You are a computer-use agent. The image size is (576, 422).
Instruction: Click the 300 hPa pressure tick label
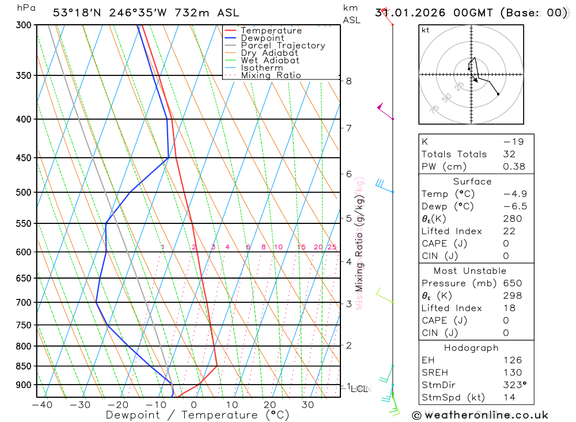(24, 25)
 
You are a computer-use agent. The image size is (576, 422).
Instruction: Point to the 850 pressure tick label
(24, 366)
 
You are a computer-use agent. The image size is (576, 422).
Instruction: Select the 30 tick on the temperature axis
(307, 405)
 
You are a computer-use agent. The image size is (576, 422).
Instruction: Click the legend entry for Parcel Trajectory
(283, 45)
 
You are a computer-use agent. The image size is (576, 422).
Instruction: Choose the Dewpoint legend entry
(263, 38)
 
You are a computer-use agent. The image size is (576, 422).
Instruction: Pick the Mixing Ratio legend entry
(271, 75)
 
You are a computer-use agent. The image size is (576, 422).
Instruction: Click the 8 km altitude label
(349, 81)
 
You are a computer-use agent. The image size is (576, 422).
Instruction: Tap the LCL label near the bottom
(359, 389)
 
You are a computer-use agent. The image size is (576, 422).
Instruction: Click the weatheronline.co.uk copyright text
(480, 415)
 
